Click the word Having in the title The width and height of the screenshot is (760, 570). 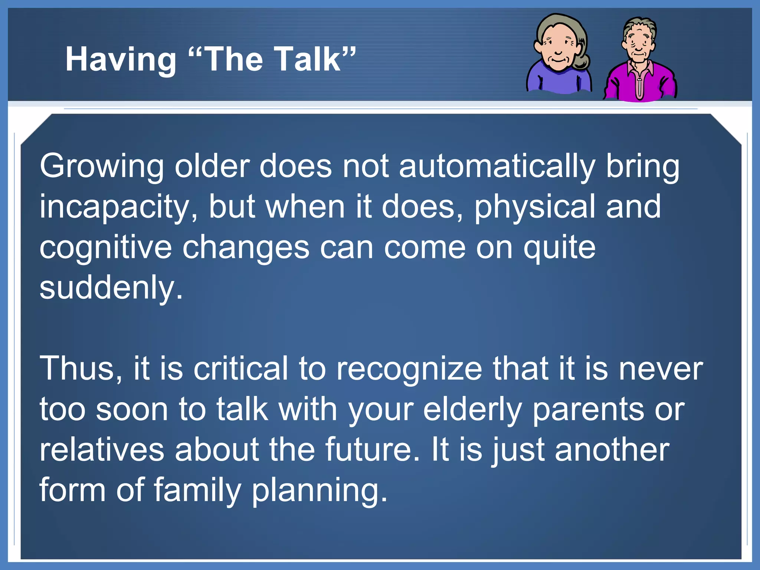point(121,59)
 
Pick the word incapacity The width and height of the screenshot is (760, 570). point(119,207)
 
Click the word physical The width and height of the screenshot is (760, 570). point(535,207)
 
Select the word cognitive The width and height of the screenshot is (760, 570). point(105,248)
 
